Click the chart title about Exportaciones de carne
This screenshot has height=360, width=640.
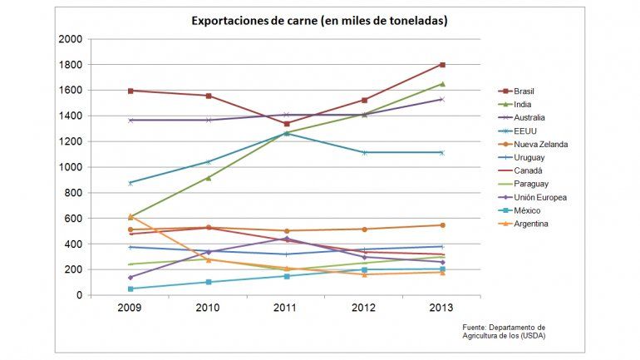pos(320,20)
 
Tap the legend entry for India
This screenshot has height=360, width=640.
pos(521,104)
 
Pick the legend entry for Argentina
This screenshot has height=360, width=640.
pos(530,224)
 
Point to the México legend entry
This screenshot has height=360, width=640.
pos(525,210)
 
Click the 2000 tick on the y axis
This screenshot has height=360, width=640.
pos(71,39)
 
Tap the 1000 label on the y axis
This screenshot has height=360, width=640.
pos(71,167)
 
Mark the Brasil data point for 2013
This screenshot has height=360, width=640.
pos(442,65)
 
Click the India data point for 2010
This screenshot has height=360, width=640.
pos(208,178)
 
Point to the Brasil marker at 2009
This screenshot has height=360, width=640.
pos(130,91)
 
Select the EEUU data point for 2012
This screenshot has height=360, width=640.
pos(364,152)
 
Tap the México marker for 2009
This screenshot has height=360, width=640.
pos(130,288)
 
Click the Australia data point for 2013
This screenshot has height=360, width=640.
pos(442,99)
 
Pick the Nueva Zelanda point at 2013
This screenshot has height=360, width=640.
pos(442,225)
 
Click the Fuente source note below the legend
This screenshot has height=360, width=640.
pos(504,331)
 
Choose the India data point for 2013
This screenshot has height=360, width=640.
pos(442,84)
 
